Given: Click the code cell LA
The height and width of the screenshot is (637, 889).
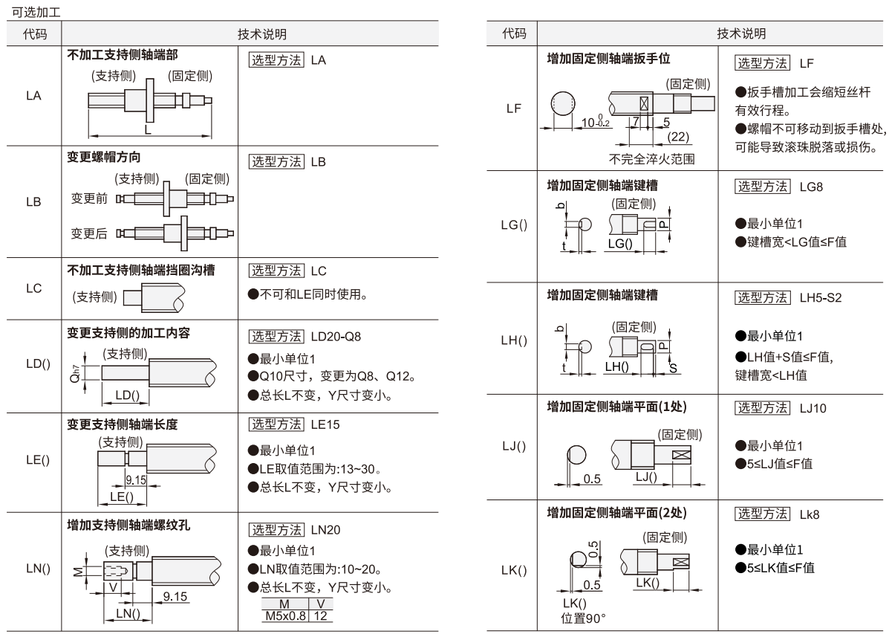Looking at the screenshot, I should (34, 96).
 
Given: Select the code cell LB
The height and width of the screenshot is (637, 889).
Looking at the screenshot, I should (34, 202).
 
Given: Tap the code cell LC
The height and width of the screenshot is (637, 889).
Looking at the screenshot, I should (34, 289).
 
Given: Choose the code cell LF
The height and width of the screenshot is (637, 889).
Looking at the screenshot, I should (512, 109).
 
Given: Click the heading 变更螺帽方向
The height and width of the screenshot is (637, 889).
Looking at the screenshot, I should (104, 158).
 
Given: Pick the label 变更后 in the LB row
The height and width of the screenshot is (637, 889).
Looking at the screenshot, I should (88, 233).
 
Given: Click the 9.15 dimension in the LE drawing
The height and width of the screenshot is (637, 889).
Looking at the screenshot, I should (136, 480).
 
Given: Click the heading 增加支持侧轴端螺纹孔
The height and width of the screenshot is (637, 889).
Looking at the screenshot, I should (128, 525).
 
